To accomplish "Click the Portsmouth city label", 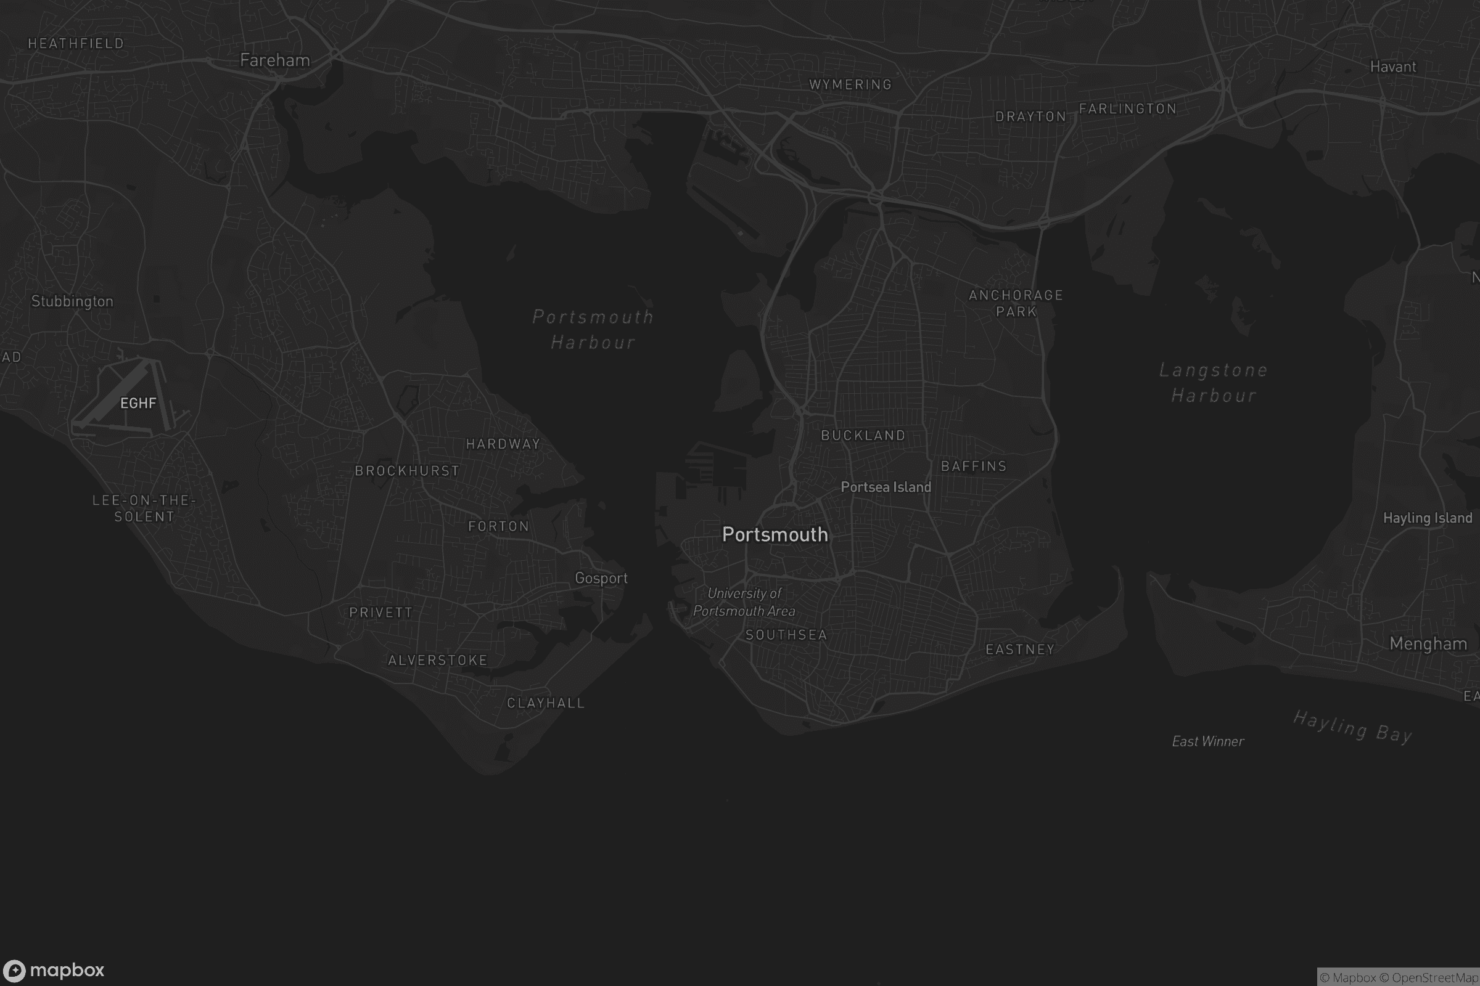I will click(x=775, y=534).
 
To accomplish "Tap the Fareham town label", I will click(x=275, y=60).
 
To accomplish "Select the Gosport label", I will click(x=601, y=578).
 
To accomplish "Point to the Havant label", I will click(x=1392, y=67).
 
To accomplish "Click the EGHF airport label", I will click(x=138, y=403).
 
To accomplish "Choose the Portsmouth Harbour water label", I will click(x=593, y=329).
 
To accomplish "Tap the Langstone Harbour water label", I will click(x=1213, y=382).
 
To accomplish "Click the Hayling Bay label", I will click(x=1352, y=727).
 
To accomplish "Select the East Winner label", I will click(x=1207, y=741).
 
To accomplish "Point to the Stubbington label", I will click(x=72, y=301).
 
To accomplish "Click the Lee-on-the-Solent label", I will click(x=144, y=508).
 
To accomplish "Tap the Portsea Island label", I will click(x=886, y=487).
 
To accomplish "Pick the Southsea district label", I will click(x=786, y=635).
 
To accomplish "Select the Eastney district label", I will click(x=1019, y=650).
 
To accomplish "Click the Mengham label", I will click(x=1428, y=643).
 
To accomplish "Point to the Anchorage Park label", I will click(x=1016, y=303).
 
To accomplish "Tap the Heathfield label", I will click(x=76, y=43).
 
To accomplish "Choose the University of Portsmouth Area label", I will click(x=744, y=602).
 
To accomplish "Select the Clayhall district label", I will click(x=546, y=703).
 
